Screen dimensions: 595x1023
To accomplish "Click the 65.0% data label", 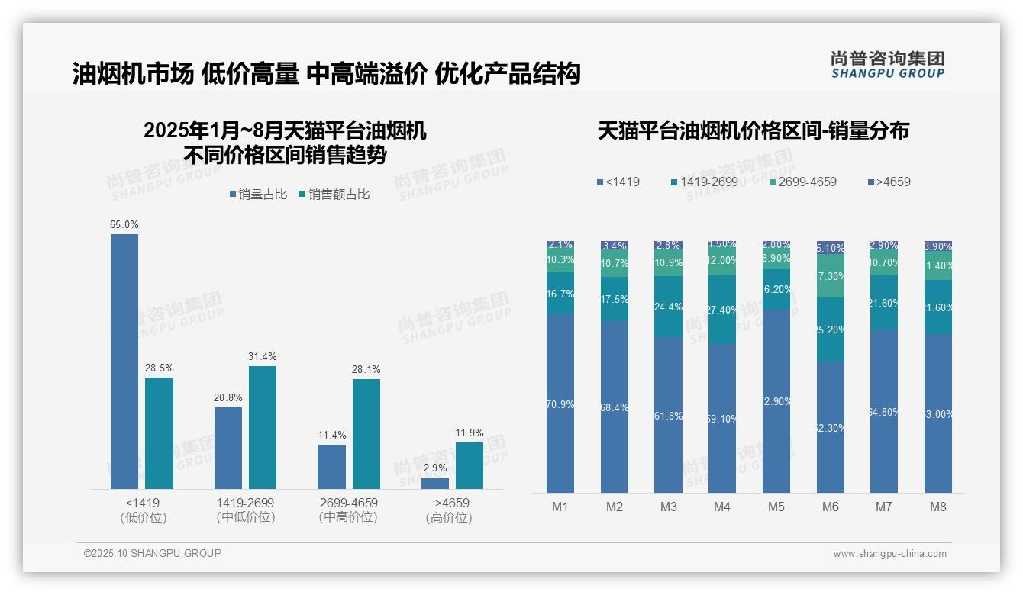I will point(124,224).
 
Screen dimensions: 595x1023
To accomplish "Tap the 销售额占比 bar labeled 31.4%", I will point(263,427).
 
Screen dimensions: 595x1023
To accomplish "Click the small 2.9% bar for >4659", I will point(435,484).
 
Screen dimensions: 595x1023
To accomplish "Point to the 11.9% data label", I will point(470,433).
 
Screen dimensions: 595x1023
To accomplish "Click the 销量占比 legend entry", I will point(258,195).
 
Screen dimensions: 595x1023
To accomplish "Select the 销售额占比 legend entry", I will point(335,195).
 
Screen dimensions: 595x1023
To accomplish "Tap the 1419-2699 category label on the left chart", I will point(245,503).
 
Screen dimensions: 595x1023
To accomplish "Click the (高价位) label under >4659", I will point(449,517).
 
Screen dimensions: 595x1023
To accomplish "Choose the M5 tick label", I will point(776,507).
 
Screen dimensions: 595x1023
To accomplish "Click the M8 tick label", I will point(938,507).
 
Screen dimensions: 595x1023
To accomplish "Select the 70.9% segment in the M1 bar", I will point(560,404).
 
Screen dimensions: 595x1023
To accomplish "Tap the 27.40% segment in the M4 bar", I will point(722,310).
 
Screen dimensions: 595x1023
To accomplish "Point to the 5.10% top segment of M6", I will point(831,247).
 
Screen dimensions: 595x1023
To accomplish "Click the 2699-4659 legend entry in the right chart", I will point(802,182).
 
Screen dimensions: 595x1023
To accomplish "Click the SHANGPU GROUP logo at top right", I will point(888,64).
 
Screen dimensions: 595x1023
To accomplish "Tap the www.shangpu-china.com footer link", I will point(889,554).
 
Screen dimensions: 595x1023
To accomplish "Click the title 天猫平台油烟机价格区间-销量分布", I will point(753,130).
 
